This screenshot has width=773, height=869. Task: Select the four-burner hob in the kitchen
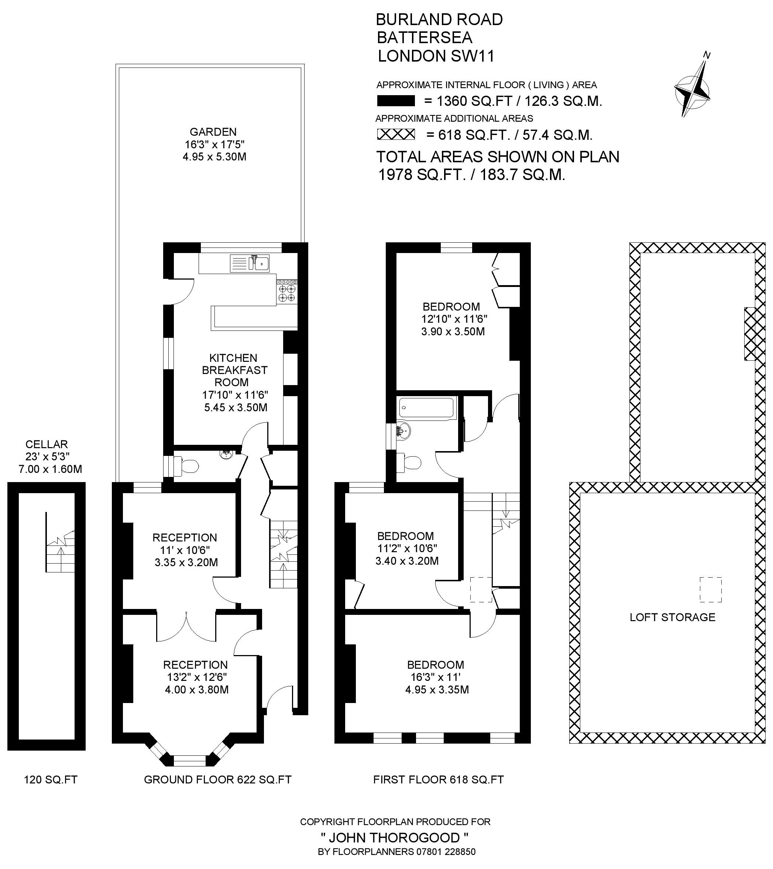point(287,291)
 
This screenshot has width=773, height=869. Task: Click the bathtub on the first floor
point(427,407)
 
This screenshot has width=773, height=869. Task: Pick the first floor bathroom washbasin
point(404,431)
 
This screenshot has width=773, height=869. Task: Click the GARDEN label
point(213,132)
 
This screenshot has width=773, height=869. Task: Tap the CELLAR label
point(47,444)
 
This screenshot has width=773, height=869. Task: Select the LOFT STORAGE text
point(673,617)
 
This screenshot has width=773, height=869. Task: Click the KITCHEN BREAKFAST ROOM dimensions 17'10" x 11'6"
point(235,395)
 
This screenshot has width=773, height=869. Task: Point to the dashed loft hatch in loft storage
point(711,590)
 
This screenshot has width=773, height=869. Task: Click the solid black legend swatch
point(396,101)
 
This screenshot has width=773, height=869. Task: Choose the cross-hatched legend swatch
point(396,135)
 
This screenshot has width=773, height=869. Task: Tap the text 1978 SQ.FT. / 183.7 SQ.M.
point(472,175)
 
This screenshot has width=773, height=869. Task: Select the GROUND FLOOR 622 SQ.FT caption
point(218,779)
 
